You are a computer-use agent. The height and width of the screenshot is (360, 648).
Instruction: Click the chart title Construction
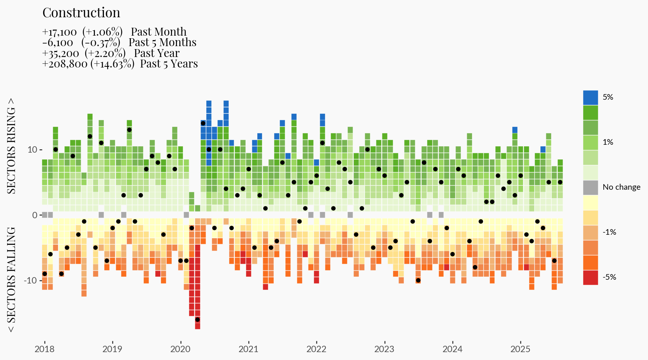point(81,13)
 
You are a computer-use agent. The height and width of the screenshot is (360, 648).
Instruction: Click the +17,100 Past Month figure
point(60,32)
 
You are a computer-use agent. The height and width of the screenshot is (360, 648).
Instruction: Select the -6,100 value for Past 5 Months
point(58,43)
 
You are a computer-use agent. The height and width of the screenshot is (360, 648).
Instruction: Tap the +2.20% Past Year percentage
point(105,54)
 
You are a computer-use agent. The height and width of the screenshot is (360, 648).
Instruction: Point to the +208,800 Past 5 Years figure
point(65,64)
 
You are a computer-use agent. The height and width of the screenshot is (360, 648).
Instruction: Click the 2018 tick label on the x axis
point(44,349)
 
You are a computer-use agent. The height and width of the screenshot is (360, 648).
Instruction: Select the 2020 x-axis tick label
point(180,349)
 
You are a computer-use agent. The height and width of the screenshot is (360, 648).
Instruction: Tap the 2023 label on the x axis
point(384,349)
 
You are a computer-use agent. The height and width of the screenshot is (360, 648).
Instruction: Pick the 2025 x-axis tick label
point(520,349)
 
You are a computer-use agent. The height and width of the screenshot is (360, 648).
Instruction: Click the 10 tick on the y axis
point(32,150)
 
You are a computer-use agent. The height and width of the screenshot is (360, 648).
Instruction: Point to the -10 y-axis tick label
point(30,280)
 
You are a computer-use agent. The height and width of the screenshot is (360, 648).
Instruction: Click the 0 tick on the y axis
point(35,215)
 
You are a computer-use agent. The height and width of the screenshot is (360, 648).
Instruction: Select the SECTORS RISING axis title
point(12,146)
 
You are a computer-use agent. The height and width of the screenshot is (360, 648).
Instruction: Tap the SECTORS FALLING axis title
point(12,280)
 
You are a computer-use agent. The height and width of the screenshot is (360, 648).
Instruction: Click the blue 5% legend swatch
point(590,97)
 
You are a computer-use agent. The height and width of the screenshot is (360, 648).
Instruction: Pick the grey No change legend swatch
point(590,187)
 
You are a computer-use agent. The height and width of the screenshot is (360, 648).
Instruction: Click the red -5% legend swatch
point(590,277)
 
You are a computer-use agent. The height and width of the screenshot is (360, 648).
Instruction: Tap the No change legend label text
point(621,187)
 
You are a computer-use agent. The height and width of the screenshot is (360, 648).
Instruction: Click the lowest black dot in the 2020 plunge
point(197,319)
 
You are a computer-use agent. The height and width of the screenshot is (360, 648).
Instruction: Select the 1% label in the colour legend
point(608,142)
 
